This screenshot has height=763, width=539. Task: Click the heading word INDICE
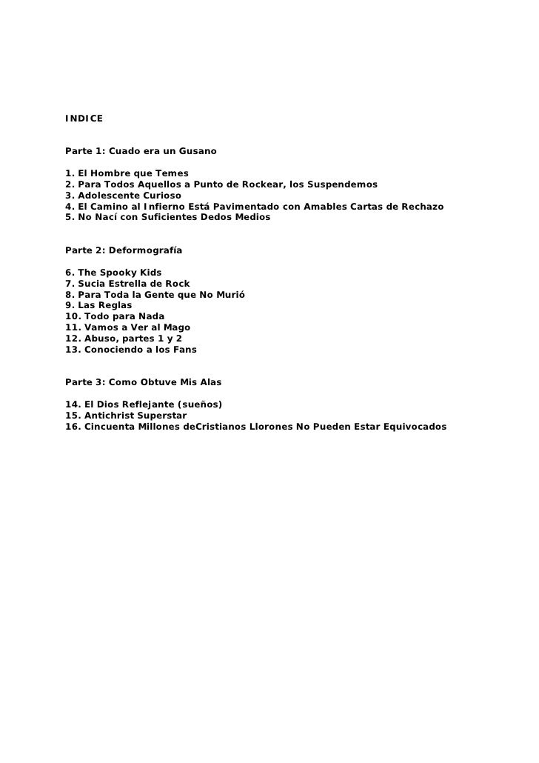tap(84, 119)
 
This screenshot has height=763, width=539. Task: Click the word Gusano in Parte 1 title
tap(196, 151)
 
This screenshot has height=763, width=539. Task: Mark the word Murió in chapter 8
tap(229, 295)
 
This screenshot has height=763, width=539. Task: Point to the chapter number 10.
tap(72, 316)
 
